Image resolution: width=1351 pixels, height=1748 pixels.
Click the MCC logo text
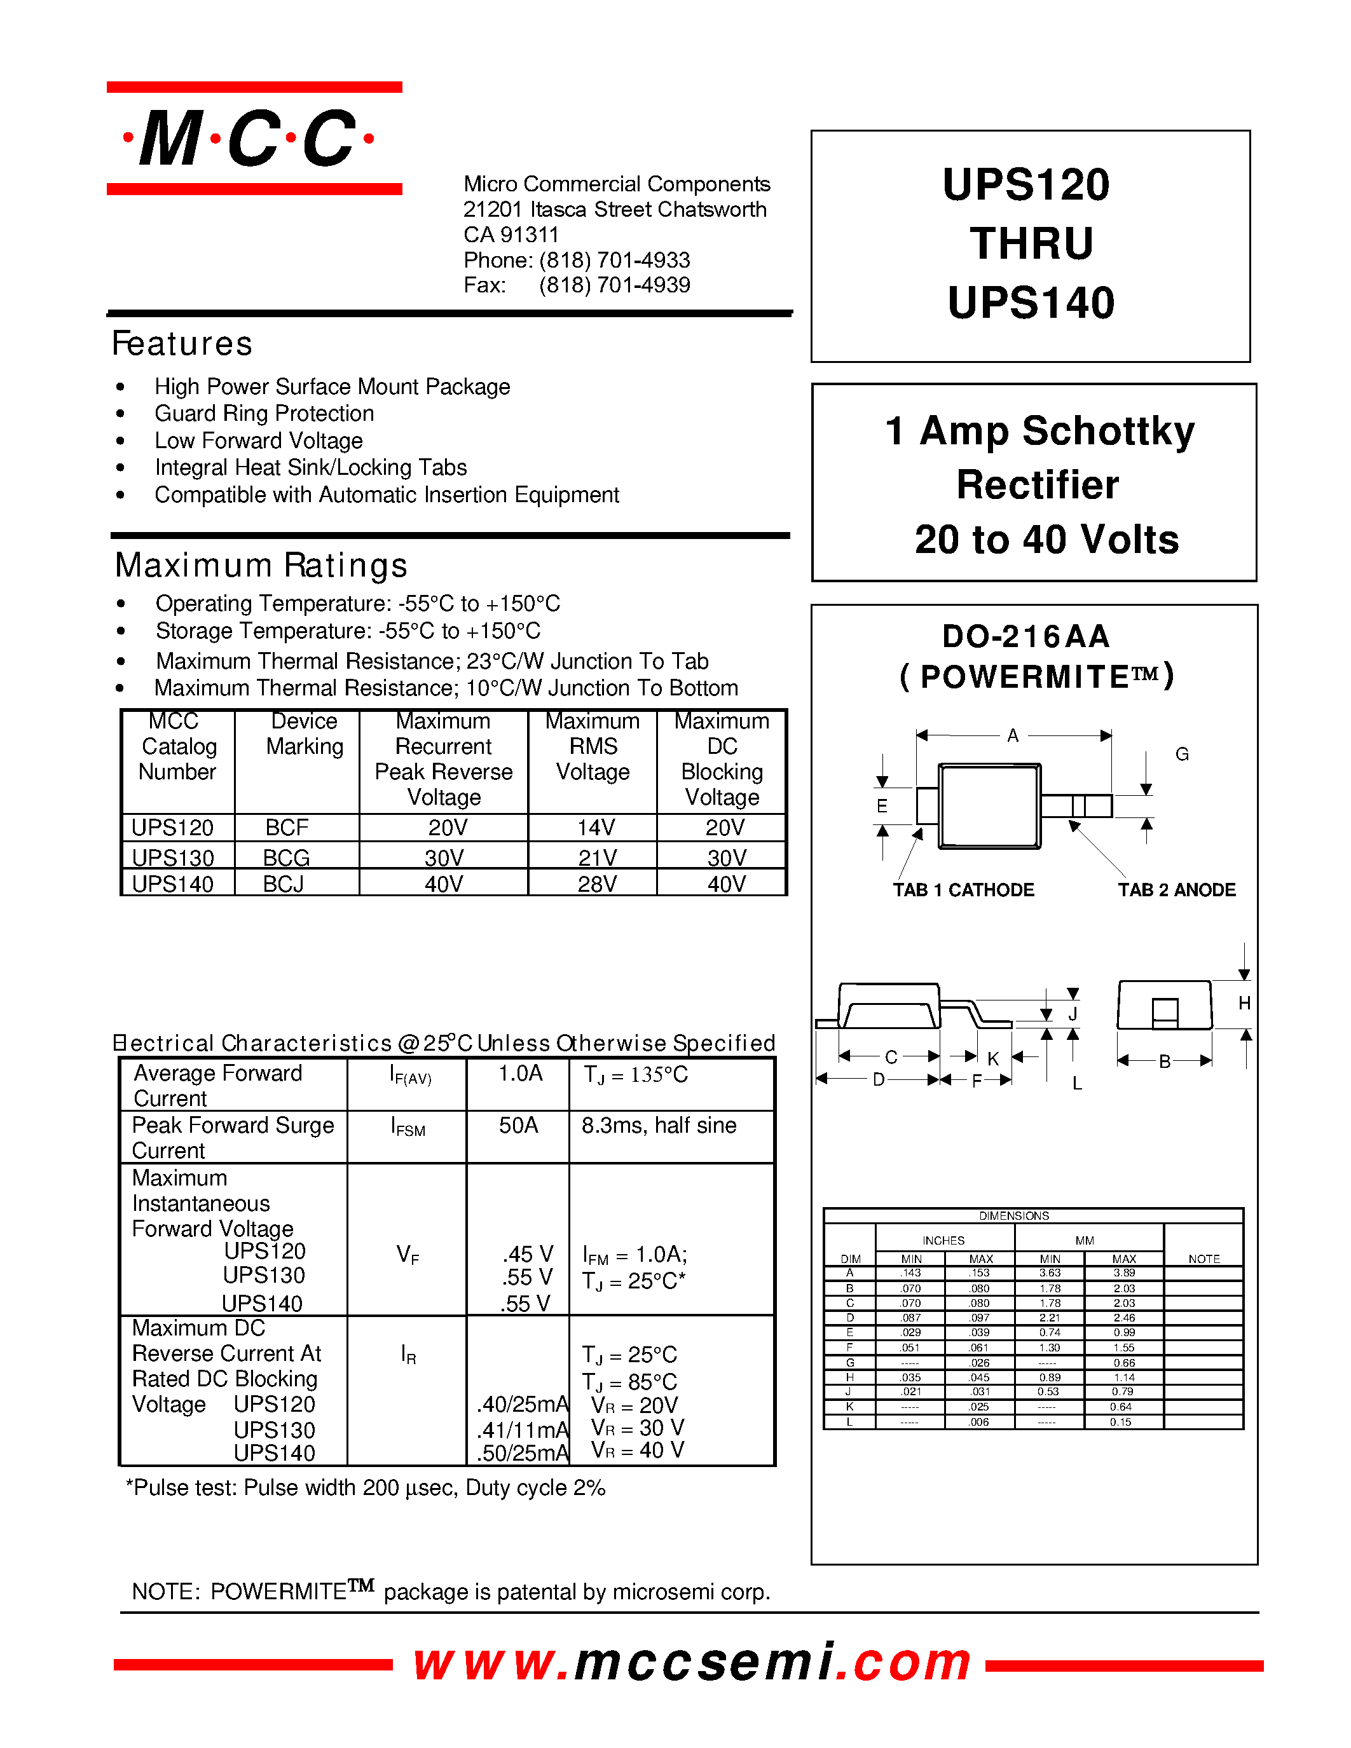coord(248,139)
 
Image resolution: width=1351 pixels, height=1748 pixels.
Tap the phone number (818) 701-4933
coord(614,260)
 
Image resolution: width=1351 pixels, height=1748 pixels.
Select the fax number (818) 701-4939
coord(614,285)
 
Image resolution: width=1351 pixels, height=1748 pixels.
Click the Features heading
coord(182,344)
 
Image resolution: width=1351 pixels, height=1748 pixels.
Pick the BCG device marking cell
coord(287,857)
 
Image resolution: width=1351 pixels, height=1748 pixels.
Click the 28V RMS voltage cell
coord(596,884)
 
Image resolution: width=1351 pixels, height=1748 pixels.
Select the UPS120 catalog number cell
coord(173,828)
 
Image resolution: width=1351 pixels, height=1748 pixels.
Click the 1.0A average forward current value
coord(520,1074)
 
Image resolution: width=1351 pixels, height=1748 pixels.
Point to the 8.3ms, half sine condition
coord(659,1125)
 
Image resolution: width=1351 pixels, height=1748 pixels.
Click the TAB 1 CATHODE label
coord(964,890)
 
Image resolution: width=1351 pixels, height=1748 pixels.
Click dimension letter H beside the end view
coord(1244,1003)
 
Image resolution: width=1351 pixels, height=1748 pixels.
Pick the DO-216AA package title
coord(1026,636)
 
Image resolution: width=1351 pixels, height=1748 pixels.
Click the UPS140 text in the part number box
coord(1031,303)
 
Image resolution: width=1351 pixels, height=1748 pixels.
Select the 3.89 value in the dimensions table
coord(1123,1273)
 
